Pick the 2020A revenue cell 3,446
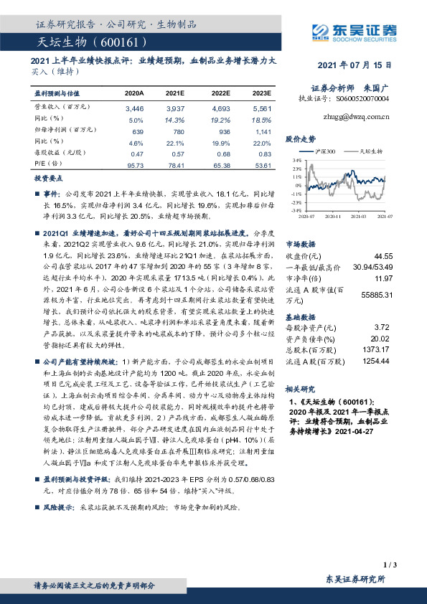(x=134, y=108)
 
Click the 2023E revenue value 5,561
(x=262, y=108)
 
